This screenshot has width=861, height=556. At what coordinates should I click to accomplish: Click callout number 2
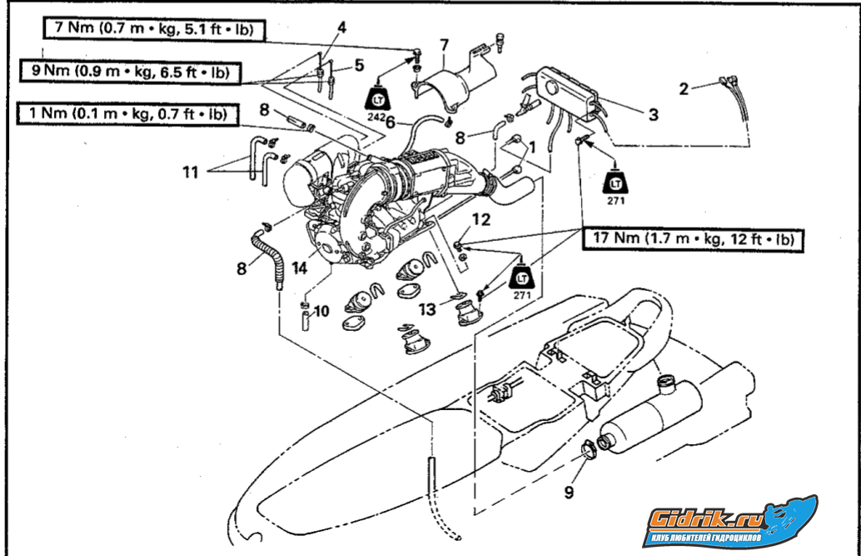(x=684, y=88)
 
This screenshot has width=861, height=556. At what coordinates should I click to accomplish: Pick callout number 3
(x=653, y=114)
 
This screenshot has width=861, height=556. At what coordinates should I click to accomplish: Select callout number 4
(x=341, y=27)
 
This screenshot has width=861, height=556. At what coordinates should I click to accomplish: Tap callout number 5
(x=359, y=64)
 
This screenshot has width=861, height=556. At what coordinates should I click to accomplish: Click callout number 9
(x=569, y=492)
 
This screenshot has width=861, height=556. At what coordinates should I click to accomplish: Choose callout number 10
(x=321, y=311)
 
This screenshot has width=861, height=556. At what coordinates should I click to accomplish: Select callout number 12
(x=482, y=219)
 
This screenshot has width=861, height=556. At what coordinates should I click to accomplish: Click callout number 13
(x=427, y=310)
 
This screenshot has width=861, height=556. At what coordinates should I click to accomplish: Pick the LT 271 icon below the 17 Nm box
(x=523, y=278)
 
